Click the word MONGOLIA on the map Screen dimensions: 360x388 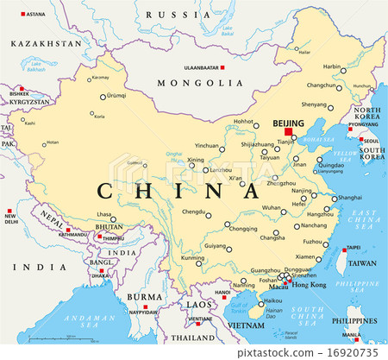(x=200, y=84)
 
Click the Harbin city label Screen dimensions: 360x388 (x=332, y=66)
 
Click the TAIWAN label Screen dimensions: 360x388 (x=361, y=262)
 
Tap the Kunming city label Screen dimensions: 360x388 (x=193, y=258)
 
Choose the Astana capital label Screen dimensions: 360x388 (x=35, y=15)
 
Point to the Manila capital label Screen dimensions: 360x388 (x=351, y=335)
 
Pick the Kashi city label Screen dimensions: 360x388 (x=30, y=123)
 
